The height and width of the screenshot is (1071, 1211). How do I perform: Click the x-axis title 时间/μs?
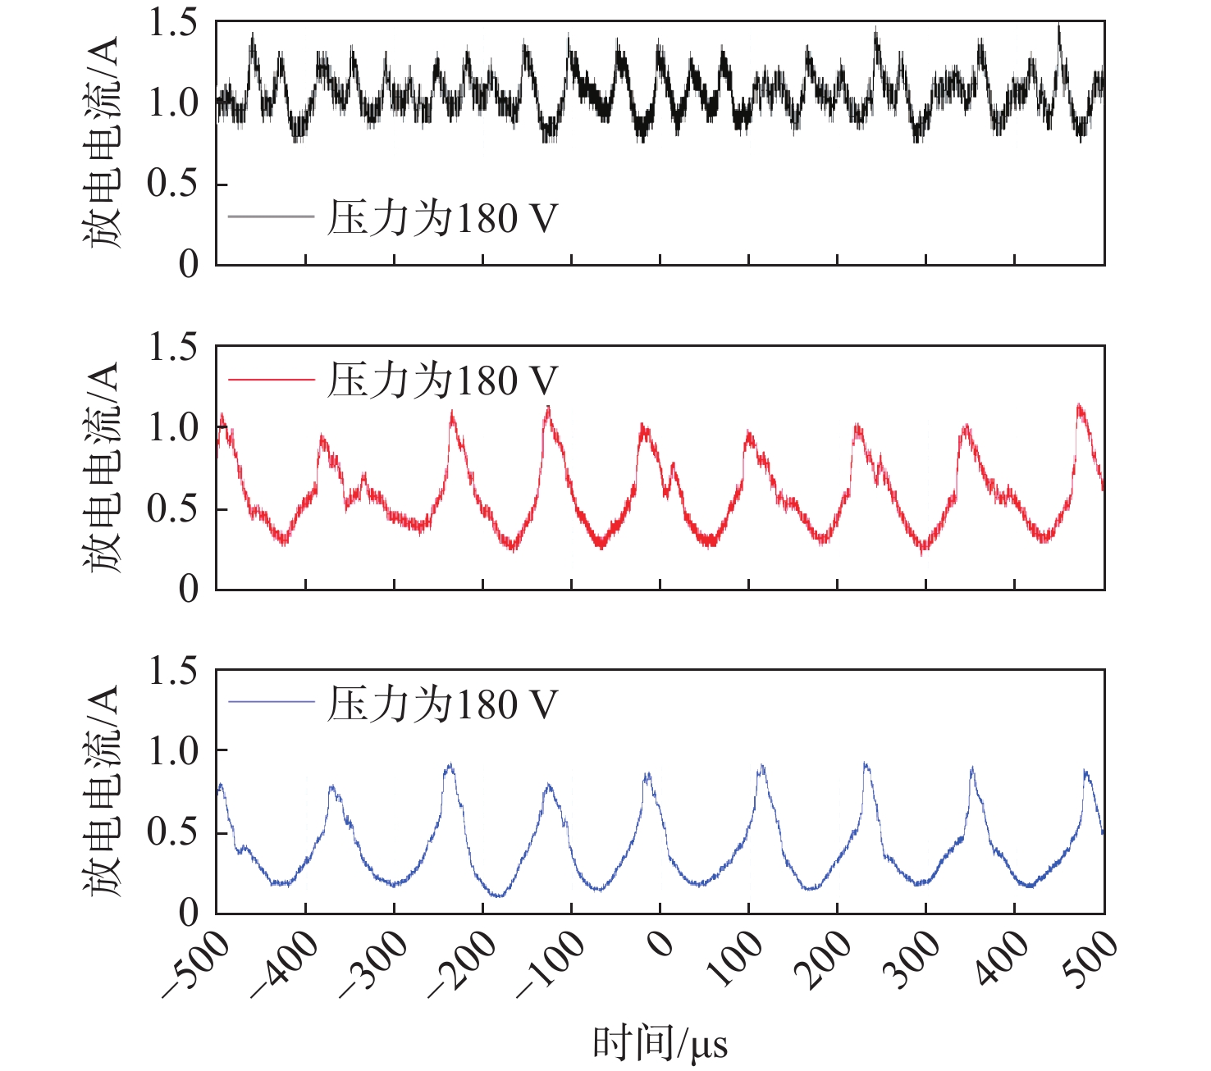(x=660, y=1044)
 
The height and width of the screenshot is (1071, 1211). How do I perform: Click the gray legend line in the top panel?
(x=271, y=217)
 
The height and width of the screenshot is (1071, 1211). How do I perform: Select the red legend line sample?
(x=271, y=380)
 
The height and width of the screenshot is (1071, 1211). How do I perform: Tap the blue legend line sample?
(x=271, y=703)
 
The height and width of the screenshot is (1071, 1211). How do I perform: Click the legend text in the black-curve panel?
(x=441, y=218)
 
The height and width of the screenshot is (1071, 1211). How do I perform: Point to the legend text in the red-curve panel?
(x=441, y=381)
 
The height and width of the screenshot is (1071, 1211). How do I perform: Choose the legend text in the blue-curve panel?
(x=441, y=704)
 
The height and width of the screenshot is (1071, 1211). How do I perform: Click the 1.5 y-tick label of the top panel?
(x=172, y=24)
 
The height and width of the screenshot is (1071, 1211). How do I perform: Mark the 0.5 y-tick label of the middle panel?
(x=172, y=509)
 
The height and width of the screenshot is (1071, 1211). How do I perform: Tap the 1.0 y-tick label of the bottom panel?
(x=172, y=751)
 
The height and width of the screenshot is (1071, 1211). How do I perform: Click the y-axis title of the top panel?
(x=103, y=143)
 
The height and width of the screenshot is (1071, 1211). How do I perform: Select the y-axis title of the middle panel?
(x=103, y=467)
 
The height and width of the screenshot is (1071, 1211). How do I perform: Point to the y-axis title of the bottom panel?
(x=103, y=791)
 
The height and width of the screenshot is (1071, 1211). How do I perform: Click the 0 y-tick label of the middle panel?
(x=189, y=589)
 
